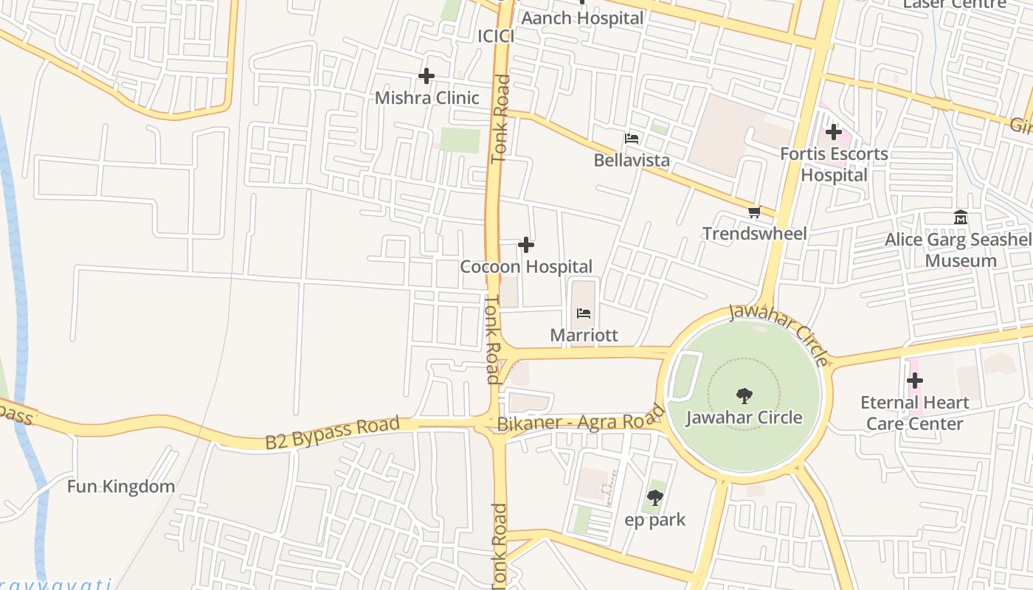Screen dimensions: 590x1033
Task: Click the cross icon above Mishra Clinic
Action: point(426,76)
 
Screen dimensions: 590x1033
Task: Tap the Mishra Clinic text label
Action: point(426,98)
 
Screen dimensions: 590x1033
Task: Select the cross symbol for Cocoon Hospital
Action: point(526,245)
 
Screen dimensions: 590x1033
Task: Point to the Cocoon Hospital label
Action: point(526,266)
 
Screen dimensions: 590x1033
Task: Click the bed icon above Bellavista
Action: point(632,139)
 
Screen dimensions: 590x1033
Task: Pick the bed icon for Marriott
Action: point(584,313)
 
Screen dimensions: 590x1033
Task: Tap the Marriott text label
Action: point(584,336)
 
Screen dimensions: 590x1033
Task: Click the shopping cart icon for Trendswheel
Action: point(754,212)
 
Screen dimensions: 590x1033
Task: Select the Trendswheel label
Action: point(754,234)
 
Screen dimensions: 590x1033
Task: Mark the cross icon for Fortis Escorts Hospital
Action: point(834,133)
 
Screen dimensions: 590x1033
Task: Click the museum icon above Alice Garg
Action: point(961,218)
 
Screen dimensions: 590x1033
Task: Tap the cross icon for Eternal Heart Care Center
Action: point(915,381)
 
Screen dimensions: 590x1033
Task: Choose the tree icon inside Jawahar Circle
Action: point(744,396)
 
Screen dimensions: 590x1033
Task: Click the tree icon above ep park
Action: point(654,498)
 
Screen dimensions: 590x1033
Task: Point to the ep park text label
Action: point(654,520)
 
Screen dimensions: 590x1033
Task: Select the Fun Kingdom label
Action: point(121,487)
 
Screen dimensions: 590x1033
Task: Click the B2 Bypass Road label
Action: point(332,433)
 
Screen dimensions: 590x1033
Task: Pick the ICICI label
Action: point(495,36)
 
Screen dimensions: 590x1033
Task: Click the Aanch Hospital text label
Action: point(582,18)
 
